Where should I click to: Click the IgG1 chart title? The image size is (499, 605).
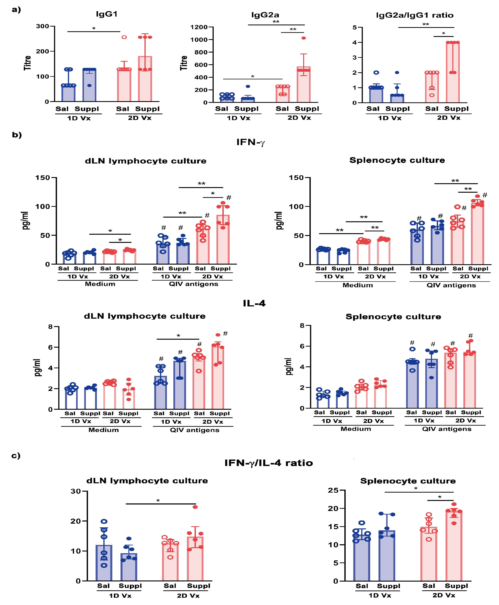click(x=107, y=14)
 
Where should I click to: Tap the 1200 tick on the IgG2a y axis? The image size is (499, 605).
click(x=199, y=27)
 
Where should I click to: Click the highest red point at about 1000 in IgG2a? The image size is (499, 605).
click(x=304, y=38)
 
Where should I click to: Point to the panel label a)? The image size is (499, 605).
click(x=16, y=10)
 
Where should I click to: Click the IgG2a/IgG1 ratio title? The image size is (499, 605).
click(x=415, y=15)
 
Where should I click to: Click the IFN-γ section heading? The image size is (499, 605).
click(x=250, y=142)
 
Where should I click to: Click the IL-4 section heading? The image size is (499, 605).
click(x=254, y=303)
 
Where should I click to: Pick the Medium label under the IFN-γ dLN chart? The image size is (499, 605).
click(x=100, y=284)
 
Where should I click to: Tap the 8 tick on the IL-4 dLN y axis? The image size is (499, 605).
click(x=51, y=326)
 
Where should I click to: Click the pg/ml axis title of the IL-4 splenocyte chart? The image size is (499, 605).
click(x=289, y=366)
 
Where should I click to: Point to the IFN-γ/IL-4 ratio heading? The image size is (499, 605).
click(x=268, y=463)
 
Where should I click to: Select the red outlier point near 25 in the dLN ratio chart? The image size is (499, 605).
click(x=195, y=507)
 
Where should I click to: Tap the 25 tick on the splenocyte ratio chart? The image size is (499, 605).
click(x=333, y=490)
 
